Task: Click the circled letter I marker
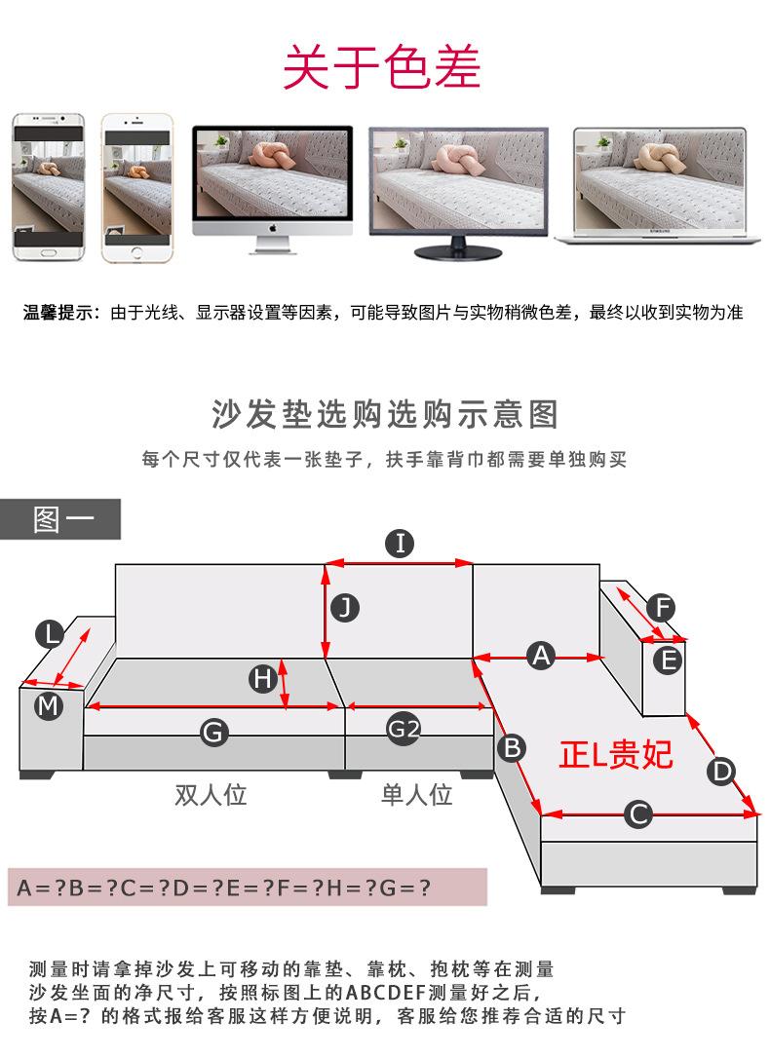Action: [x=400, y=544]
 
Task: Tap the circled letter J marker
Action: [x=345, y=608]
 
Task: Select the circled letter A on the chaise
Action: [x=541, y=656]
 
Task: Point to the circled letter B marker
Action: [x=513, y=747]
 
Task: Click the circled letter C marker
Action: [x=637, y=813]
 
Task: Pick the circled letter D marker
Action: [x=721, y=771]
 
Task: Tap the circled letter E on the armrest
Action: [x=668, y=660]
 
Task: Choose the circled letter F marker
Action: [x=662, y=607]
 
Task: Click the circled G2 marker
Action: [x=404, y=729]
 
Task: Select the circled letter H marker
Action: [x=262, y=678]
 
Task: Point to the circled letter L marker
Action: [x=50, y=634]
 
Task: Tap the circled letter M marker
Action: [x=48, y=706]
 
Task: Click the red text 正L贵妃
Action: [x=615, y=754]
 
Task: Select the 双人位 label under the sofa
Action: [x=211, y=794]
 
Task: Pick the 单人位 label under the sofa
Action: [x=416, y=794]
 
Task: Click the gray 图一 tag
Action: [x=60, y=519]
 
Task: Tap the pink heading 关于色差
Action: [x=381, y=67]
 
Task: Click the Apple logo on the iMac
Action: [x=273, y=228]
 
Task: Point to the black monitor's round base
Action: [x=458, y=253]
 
